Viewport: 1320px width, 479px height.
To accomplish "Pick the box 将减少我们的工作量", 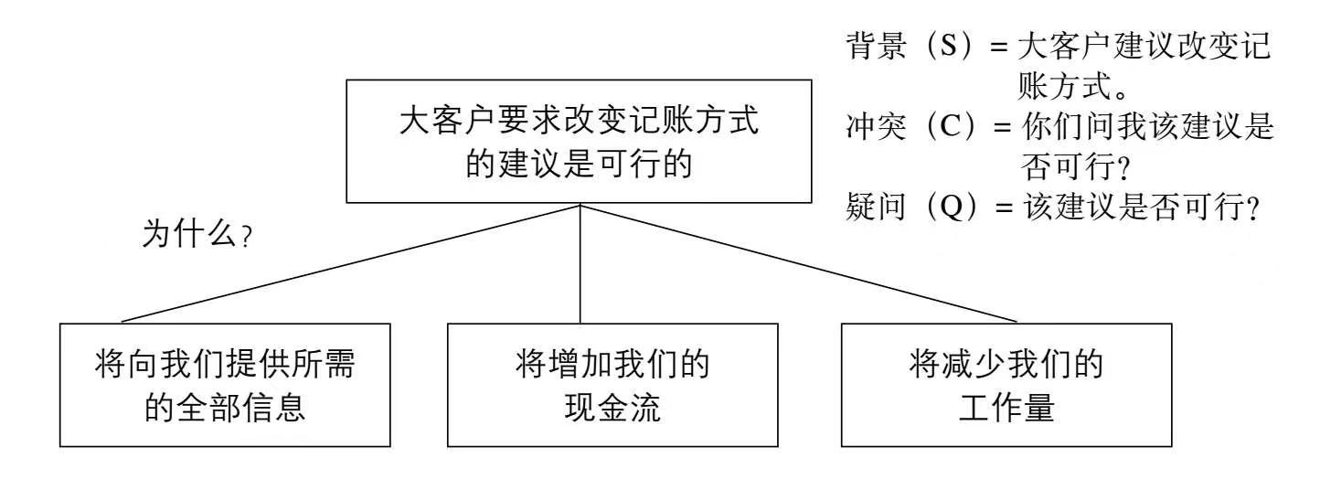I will (x=1006, y=384).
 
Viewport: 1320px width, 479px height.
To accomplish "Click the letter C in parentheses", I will (x=954, y=127).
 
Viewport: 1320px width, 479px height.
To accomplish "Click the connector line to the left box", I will (x=352, y=263).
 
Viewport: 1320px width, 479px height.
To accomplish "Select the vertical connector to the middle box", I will (x=580, y=263).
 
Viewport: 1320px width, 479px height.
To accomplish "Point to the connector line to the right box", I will (x=800, y=263).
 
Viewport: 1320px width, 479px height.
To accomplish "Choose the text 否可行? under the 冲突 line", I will (x=1070, y=165).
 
